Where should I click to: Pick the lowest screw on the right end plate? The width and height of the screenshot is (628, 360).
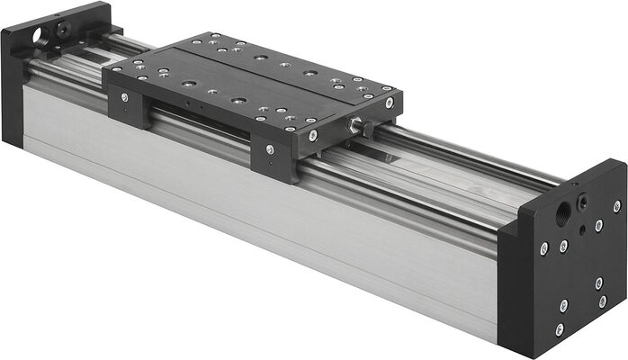559,329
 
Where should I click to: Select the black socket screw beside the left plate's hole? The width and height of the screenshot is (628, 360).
62,29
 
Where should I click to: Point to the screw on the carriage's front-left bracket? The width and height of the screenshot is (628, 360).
123,97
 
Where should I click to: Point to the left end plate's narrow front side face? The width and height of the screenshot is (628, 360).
12,90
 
